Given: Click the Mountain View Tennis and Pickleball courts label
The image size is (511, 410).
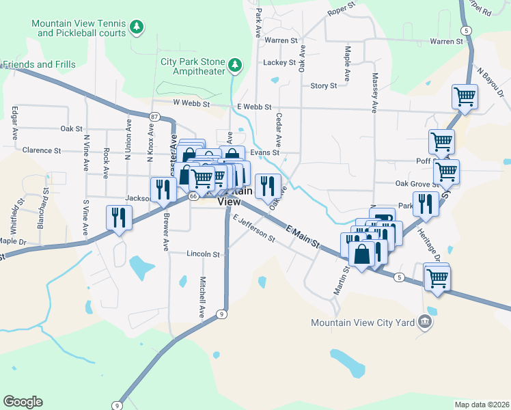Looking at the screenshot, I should click(x=79, y=28).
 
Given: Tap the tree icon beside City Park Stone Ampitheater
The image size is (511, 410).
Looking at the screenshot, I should click(x=236, y=65).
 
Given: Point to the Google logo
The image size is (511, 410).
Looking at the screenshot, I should click(x=23, y=402).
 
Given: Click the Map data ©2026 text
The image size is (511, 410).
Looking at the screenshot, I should click(x=482, y=405).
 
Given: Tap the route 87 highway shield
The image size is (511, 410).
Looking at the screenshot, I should click(x=154, y=117).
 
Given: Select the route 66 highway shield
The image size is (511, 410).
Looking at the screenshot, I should click(x=193, y=196).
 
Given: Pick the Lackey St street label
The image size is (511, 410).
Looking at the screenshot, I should click(x=278, y=62).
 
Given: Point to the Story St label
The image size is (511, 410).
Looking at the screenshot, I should click(x=323, y=86).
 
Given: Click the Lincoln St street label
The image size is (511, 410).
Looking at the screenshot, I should click(x=203, y=254).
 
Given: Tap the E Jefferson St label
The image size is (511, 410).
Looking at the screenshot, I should click(x=253, y=230).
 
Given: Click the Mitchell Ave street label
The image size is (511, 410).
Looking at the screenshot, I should click(x=202, y=297).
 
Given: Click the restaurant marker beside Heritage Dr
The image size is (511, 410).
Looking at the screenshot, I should click(x=426, y=204).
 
